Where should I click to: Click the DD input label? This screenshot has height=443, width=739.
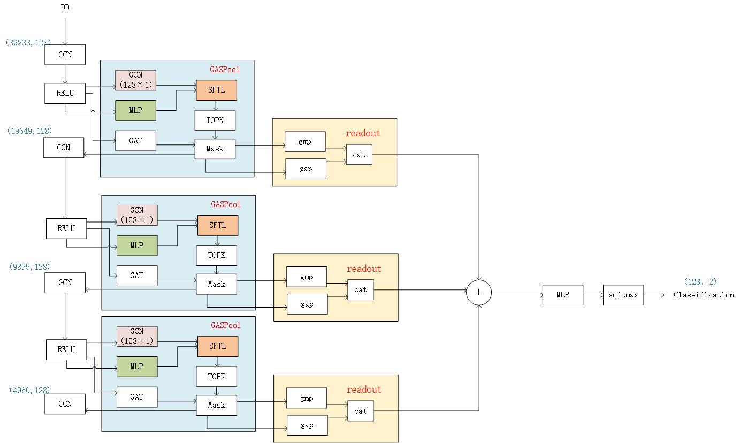point(65,8)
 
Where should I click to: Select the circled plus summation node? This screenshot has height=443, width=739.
point(478,292)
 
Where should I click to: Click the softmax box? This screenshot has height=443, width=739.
point(623,295)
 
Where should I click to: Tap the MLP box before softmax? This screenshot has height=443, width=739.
point(562,295)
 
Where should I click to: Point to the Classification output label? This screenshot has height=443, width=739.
point(703,295)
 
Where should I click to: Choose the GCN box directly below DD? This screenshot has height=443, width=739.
point(65,55)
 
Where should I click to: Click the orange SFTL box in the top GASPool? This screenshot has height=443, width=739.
point(216,90)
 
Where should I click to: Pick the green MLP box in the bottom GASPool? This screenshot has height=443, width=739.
point(137,366)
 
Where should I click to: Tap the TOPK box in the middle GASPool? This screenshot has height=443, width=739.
point(216,255)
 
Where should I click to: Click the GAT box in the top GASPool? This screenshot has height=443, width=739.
point(136,141)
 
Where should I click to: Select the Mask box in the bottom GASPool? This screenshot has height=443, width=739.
point(216,405)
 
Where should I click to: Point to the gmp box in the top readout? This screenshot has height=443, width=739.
point(305,142)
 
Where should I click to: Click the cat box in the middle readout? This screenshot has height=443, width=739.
point(361,289)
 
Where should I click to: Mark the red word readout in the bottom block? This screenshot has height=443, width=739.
point(364,389)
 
